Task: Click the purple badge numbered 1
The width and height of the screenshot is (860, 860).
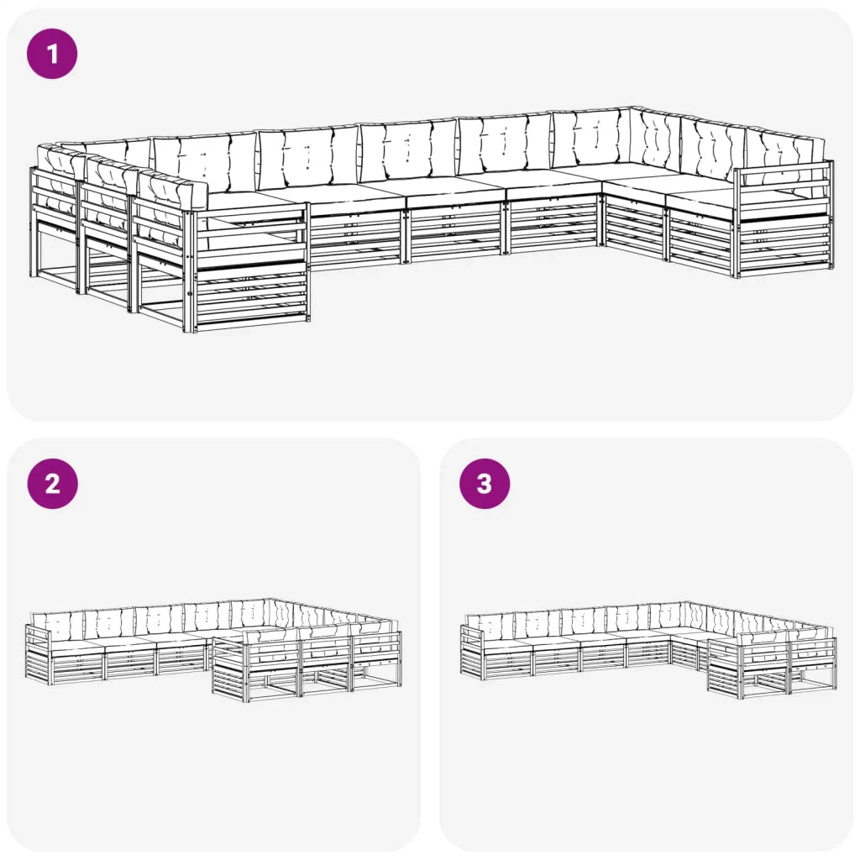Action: click(x=53, y=54)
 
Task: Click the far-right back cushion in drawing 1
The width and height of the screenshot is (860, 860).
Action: click(x=785, y=156)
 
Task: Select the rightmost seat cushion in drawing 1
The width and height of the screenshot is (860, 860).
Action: click(x=701, y=198)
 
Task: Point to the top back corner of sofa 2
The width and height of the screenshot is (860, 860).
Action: click(x=270, y=600)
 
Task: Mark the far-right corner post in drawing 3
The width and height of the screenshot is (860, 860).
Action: click(x=834, y=663)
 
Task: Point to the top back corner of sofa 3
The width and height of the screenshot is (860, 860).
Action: click(x=688, y=602)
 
